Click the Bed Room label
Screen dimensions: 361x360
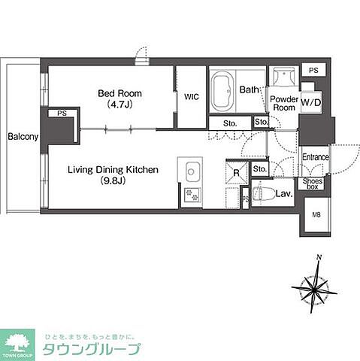tap(119, 93)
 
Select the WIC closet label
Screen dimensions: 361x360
tap(191, 96)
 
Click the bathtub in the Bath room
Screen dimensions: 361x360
tap(222, 90)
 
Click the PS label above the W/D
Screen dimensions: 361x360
tap(313, 70)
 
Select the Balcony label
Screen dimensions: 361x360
tap(23, 138)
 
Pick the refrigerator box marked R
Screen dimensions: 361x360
tap(236, 172)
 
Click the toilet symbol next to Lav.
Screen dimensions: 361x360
tap(260, 194)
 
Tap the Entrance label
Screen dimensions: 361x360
tap(316, 157)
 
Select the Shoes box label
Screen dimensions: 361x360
tap(313, 184)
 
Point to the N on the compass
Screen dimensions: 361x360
tap(319, 258)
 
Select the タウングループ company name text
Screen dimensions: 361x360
tap(101, 348)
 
